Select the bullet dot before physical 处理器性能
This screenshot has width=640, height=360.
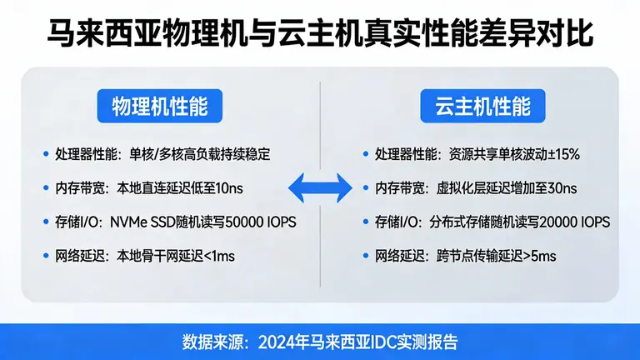(46, 154)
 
